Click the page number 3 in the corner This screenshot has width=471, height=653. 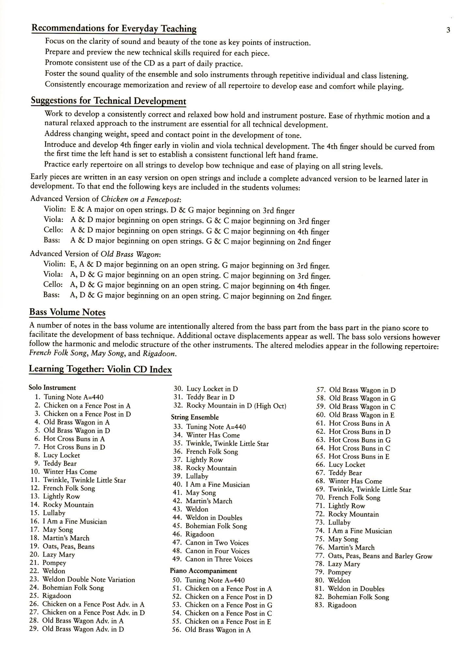click(x=448, y=30)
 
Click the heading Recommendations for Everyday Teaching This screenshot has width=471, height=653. click(x=114, y=28)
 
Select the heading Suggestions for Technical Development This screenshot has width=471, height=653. click(x=108, y=101)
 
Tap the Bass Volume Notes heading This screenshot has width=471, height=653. click(x=67, y=312)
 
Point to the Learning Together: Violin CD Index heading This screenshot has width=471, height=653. click(x=100, y=369)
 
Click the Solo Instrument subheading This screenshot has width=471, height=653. click(x=52, y=388)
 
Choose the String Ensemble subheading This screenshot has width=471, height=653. click(x=195, y=417)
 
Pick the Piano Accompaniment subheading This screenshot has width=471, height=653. click(x=203, y=571)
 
